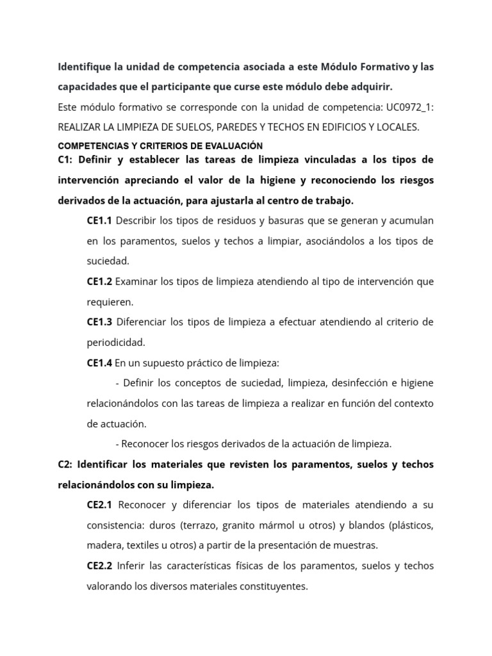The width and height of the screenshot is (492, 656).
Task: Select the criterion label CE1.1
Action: tap(99, 220)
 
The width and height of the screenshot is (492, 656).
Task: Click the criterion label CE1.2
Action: tap(99, 281)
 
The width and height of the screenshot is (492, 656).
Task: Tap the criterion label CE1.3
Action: tap(99, 322)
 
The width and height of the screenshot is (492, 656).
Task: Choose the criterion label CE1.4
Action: tap(99, 363)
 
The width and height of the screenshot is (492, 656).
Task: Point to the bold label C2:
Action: tap(67, 464)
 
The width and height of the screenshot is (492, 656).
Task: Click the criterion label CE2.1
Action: tap(99, 505)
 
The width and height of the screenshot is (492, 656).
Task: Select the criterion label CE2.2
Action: tap(99, 566)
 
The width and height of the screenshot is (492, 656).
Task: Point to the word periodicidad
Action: tap(116, 342)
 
